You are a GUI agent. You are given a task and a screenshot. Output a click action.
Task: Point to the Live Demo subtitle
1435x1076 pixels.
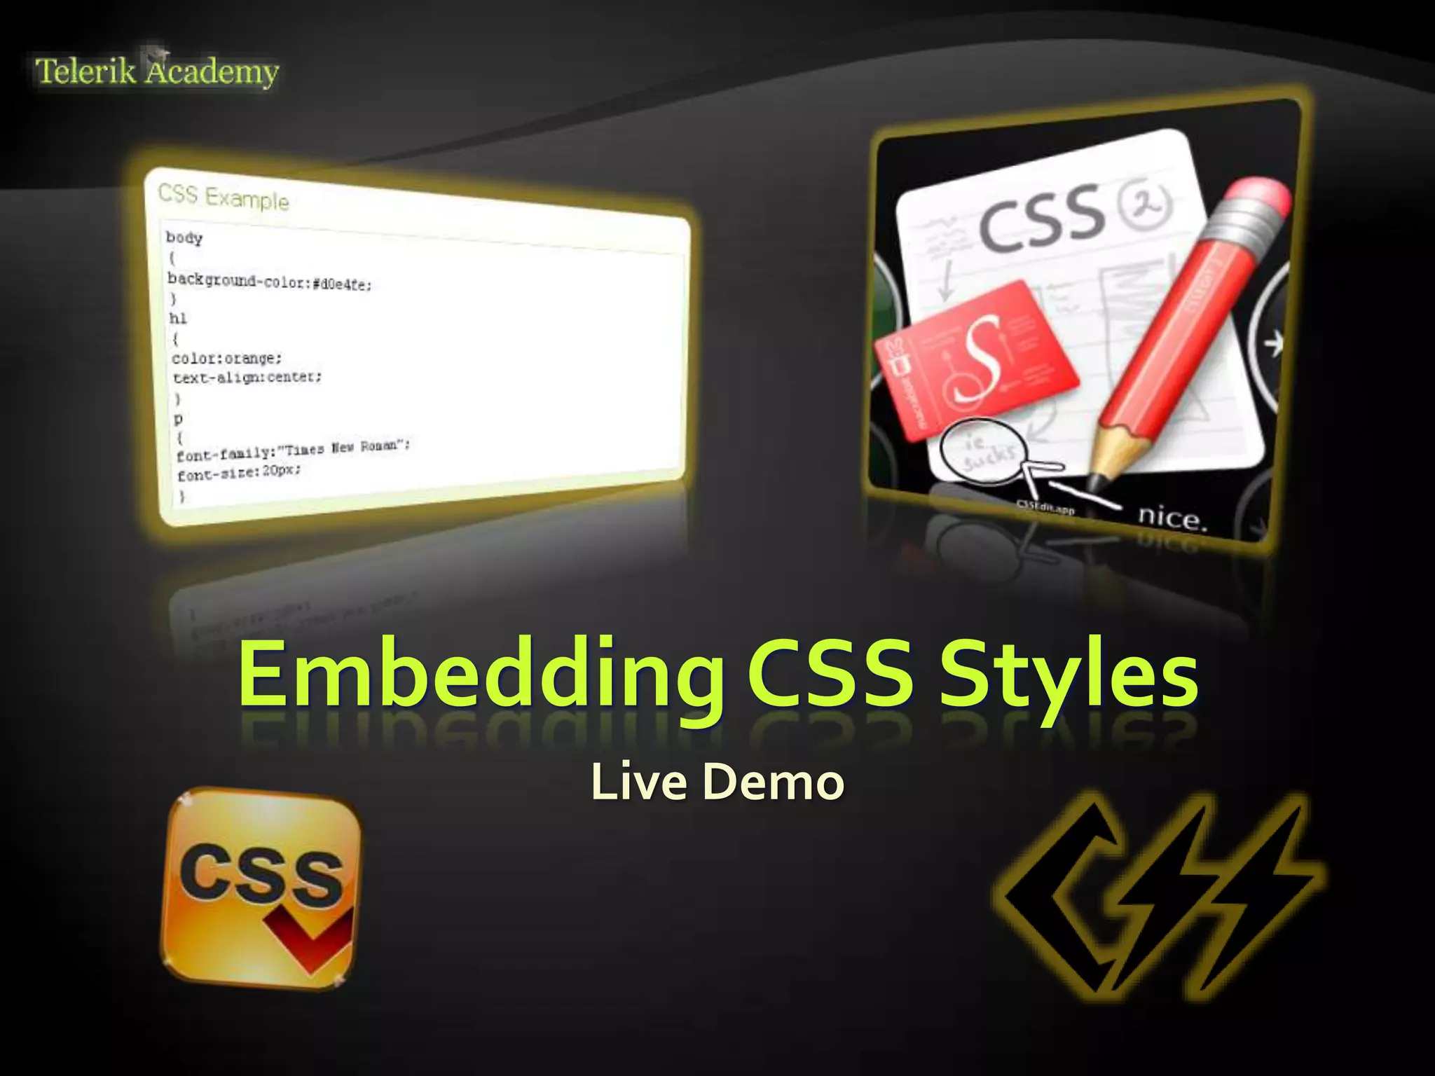click(x=717, y=781)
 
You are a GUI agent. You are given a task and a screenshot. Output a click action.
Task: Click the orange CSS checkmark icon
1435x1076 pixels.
click(x=262, y=888)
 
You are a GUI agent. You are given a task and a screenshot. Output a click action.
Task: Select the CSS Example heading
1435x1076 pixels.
click(x=223, y=197)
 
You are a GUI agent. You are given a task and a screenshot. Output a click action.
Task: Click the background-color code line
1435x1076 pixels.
click(x=270, y=282)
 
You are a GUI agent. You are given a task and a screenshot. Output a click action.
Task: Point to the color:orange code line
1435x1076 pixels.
click(x=227, y=358)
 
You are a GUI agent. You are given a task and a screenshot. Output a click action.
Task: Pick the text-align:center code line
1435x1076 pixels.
click(x=247, y=378)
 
